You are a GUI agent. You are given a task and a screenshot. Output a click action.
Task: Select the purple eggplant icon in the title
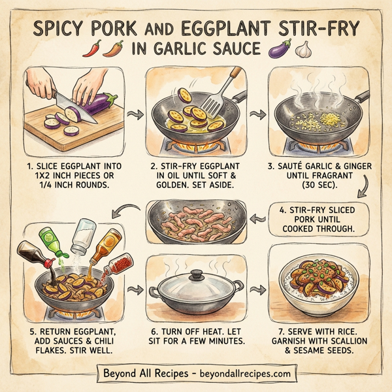coord(279,50)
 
